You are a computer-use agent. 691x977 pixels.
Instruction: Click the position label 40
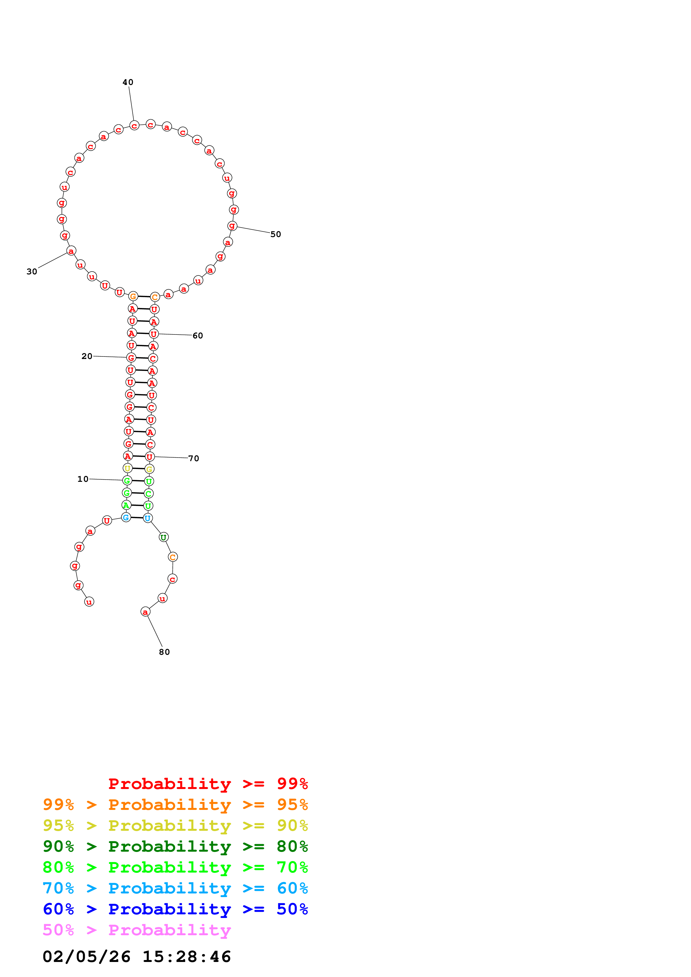[x=128, y=82]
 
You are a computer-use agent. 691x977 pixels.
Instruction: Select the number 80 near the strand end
[x=164, y=652]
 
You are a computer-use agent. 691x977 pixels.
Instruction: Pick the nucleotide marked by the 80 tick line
[x=145, y=612]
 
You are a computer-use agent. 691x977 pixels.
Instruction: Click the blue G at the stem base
[x=126, y=517]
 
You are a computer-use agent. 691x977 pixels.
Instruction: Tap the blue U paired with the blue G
[x=147, y=518]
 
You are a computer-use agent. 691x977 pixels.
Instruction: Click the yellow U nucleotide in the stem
[x=127, y=468]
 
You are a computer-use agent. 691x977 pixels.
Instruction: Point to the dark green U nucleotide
[x=164, y=538]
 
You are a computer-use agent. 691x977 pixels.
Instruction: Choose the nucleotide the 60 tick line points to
[x=154, y=334]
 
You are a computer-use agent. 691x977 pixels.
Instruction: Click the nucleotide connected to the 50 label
[x=232, y=226]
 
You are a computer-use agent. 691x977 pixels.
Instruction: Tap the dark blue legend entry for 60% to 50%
[x=175, y=909]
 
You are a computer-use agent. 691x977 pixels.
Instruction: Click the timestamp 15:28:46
[x=186, y=957]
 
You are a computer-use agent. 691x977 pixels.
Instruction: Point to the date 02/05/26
[x=86, y=957]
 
